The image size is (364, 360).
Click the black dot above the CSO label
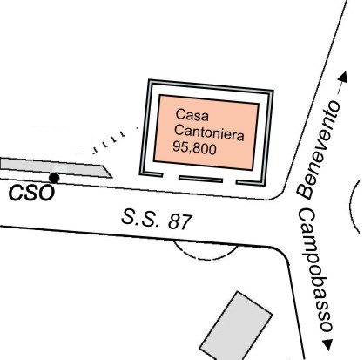54,178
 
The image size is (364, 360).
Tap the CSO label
31,194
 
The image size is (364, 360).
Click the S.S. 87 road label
157,220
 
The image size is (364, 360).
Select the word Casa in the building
192,114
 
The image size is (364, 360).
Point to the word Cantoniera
209,133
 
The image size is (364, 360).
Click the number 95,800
194,148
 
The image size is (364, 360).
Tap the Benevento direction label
319,150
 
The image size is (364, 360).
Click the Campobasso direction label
314,270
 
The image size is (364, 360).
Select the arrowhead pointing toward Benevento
343,77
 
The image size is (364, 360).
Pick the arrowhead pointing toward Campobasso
327,344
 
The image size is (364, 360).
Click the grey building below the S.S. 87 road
236,326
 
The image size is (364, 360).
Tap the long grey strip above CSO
56,167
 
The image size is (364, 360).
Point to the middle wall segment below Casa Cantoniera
200,179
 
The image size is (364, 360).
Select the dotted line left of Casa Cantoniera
115,139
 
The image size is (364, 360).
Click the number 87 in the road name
180,222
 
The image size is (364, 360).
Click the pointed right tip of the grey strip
112,177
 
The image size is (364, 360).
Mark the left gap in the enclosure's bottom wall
171,176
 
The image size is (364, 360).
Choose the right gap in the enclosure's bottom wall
229,182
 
